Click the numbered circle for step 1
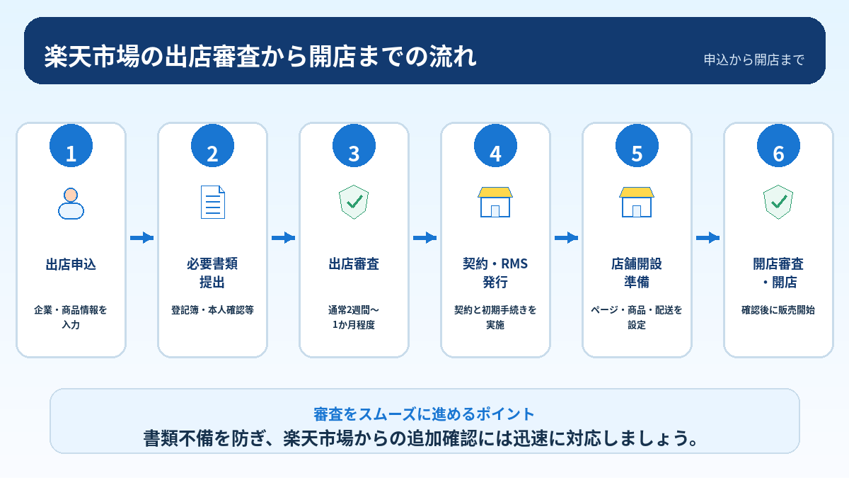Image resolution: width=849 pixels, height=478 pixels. pyautogui.click(x=71, y=146)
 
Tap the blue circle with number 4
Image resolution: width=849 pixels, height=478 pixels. pyautogui.click(x=495, y=146)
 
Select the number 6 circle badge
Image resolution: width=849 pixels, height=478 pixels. pyautogui.click(x=778, y=146)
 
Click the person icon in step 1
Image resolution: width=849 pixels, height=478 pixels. pyautogui.click(x=71, y=203)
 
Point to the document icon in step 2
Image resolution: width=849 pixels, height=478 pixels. pyautogui.click(x=213, y=203)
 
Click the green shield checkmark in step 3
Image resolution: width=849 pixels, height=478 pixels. pyautogui.click(x=354, y=203)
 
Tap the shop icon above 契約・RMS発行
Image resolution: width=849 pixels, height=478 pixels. pyautogui.click(x=495, y=203)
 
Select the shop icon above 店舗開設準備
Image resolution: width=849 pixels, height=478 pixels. pyautogui.click(x=637, y=203)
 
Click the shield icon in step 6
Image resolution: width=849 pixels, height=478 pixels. pyautogui.click(x=778, y=203)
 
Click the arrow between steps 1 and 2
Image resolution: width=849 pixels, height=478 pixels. pyautogui.click(x=141, y=238)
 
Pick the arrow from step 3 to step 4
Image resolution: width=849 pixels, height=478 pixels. pyautogui.click(x=425, y=238)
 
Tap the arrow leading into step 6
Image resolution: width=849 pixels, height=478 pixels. pyautogui.click(x=708, y=238)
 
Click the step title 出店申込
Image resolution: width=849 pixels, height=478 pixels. pyautogui.click(x=71, y=264)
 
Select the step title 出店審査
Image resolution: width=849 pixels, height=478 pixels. pyautogui.click(x=354, y=264)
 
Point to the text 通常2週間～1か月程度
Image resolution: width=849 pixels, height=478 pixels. pyautogui.click(x=354, y=317)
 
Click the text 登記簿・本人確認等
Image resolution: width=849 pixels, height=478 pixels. pyautogui.click(x=213, y=310)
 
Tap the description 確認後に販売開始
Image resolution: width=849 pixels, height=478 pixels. pyautogui.click(x=778, y=310)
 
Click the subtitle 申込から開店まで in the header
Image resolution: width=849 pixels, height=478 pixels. pyautogui.click(x=754, y=59)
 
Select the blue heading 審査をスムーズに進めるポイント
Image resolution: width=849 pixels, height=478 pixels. pyautogui.click(x=424, y=414)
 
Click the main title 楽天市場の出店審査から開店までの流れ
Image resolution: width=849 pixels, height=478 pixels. pyautogui.click(x=260, y=57)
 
